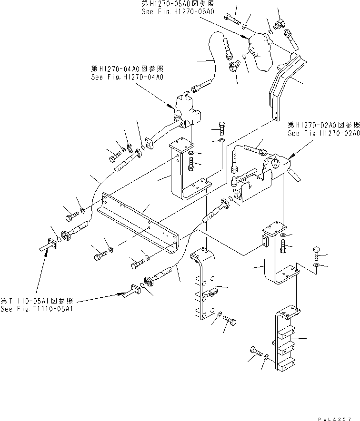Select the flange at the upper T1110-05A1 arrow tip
coord(51,245)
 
